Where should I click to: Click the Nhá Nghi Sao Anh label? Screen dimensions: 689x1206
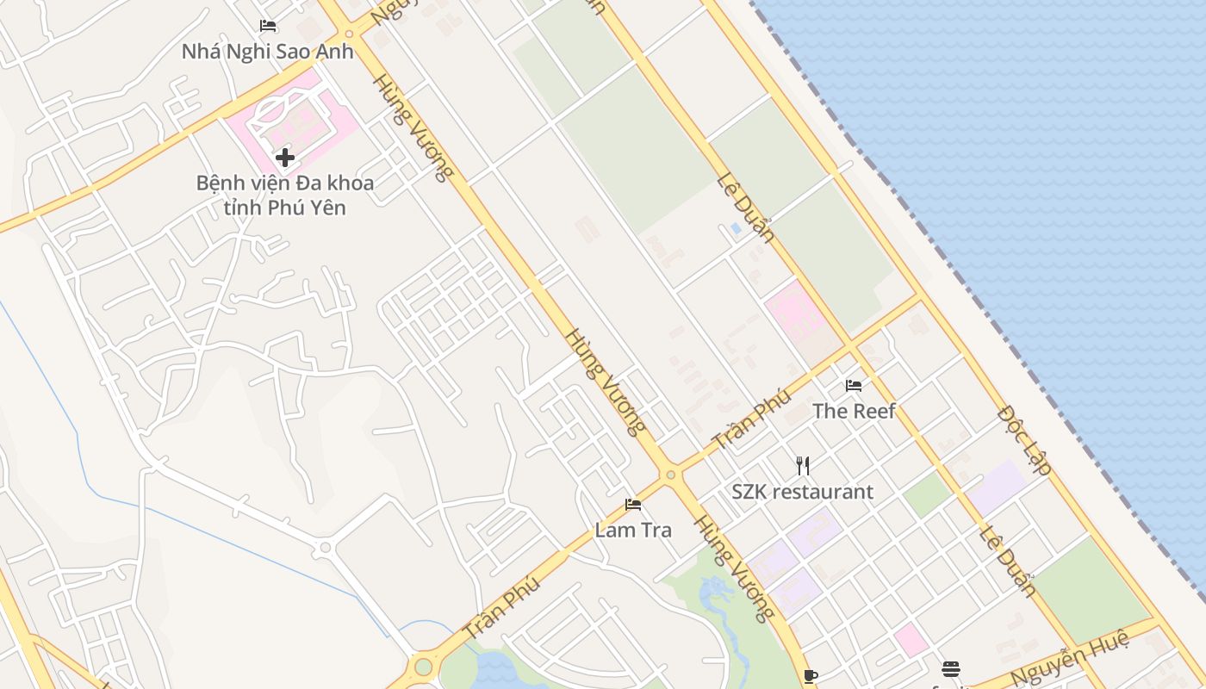point(267,52)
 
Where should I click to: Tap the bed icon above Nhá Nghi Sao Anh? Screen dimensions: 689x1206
point(268,26)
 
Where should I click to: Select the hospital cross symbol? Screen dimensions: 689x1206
point(285,158)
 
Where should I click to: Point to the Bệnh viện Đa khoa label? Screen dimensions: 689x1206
point(285,183)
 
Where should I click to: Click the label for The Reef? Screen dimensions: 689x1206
point(854,411)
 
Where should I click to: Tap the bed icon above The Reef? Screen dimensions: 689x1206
point(854,385)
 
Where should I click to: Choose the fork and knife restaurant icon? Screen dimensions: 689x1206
point(803,466)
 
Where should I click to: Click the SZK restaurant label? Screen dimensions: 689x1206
point(802,492)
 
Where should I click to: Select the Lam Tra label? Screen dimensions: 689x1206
point(633,530)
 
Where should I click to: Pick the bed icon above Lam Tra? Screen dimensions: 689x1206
point(633,504)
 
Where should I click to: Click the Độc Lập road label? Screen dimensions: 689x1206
point(1024,441)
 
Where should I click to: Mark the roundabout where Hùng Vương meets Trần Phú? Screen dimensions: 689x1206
point(670,475)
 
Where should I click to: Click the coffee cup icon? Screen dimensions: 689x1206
point(810,675)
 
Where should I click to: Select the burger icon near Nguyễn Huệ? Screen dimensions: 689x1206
point(951,668)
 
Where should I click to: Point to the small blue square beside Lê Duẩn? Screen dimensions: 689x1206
point(735,228)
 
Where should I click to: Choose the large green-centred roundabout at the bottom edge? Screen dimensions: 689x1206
point(422,667)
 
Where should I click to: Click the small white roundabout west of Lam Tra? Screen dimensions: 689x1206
point(325,547)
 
